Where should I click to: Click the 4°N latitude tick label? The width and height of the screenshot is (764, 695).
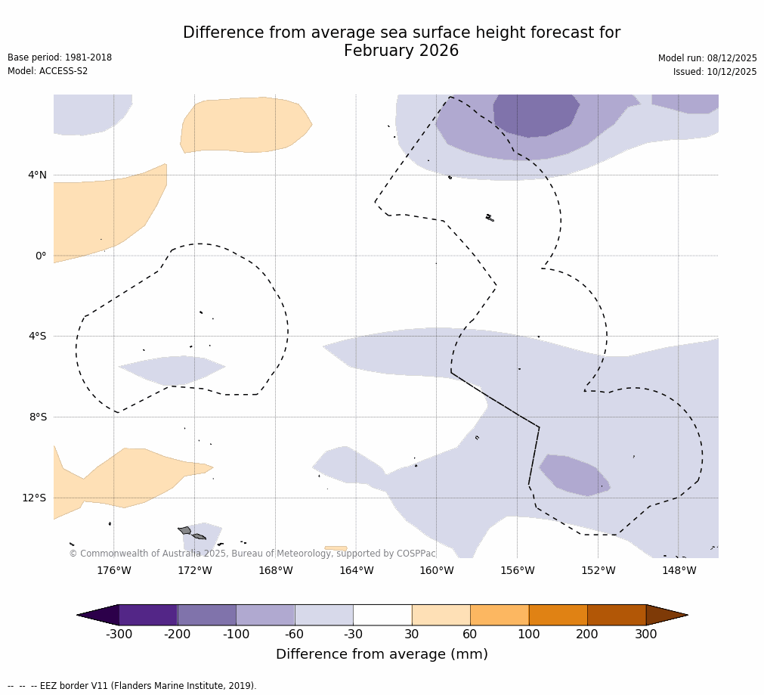pyautogui.click(x=37, y=175)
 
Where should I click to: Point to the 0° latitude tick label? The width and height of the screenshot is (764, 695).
pyautogui.click(x=40, y=256)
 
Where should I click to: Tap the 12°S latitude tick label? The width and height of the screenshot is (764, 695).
pyautogui.click(x=34, y=498)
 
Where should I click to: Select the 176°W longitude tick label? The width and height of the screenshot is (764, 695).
pyautogui.click(x=113, y=571)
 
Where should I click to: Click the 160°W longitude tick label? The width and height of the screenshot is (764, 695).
pyautogui.click(x=437, y=571)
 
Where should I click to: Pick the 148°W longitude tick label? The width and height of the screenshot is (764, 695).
pyautogui.click(x=679, y=571)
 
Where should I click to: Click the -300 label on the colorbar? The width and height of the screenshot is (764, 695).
pyautogui.click(x=119, y=634)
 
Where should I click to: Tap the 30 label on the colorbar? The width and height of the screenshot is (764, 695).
pyautogui.click(x=412, y=634)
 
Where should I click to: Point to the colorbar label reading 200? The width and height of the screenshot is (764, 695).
pyautogui.click(x=587, y=634)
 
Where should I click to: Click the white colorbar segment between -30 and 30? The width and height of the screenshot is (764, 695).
pyautogui.click(x=382, y=615)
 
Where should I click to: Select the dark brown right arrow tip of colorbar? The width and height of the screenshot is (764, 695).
pyautogui.click(x=667, y=615)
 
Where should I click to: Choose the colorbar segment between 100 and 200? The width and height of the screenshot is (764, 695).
pyautogui.click(x=558, y=615)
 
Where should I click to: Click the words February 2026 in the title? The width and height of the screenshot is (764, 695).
pyautogui.click(x=401, y=51)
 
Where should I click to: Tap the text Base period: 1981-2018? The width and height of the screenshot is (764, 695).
pyautogui.click(x=60, y=57)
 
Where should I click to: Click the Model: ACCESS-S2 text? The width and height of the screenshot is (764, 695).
pyautogui.click(x=48, y=71)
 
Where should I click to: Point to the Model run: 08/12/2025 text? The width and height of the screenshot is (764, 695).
pyautogui.click(x=707, y=58)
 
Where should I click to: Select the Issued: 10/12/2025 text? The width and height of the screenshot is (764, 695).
pyautogui.click(x=715, y=72)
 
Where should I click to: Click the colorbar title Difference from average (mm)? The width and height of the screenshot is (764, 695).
pyautogui.click(x=382, y=655)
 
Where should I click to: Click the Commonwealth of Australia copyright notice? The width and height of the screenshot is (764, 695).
pyautogui.click(x=252, y=554)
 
